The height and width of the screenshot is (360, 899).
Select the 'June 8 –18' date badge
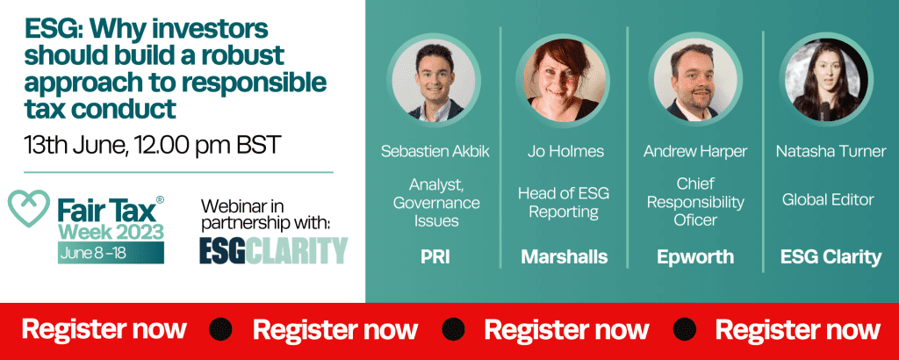[111, 253]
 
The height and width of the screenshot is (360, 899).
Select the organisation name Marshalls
[565, 257]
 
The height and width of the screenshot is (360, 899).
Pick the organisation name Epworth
[695, 257]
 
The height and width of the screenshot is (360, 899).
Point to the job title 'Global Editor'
[828, 199]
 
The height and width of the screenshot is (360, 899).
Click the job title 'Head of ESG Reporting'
[564, 202]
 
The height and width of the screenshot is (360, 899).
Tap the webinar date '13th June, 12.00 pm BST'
[153, 145]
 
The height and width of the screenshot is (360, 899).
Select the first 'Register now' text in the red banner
[104, 329]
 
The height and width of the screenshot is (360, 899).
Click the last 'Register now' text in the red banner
[797, 329]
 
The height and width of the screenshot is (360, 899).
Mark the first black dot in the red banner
[220, 329]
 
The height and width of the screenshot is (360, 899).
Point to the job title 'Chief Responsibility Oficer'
[695, 201]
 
